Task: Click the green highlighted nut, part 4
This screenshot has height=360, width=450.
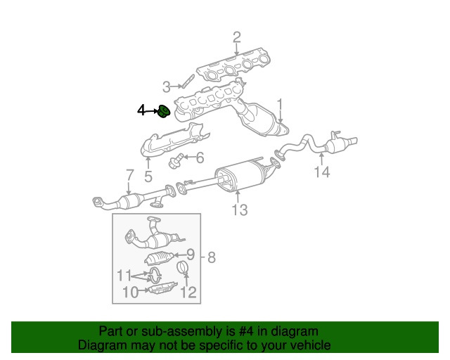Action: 164,111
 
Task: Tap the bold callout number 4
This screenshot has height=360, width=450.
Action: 141,110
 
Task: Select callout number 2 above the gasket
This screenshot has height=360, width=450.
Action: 237,37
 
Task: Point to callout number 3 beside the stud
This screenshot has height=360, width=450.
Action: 166,86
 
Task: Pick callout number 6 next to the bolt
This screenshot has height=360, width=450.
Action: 200,157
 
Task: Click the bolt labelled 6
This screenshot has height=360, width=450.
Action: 175,161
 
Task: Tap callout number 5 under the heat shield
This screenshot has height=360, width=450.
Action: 148,176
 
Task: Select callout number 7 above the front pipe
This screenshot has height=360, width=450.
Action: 130,175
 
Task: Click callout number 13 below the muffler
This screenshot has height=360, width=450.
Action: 240,210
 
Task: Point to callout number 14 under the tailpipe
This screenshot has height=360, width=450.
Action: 322,172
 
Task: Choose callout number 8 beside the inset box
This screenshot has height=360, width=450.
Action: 212,257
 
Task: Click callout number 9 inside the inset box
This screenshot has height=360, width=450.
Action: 191,254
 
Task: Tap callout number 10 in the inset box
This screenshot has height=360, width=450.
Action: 131,292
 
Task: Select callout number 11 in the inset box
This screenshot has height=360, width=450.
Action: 124,276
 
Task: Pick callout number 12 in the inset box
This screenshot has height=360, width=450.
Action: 188,292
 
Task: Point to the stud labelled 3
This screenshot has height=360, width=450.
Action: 188,81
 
